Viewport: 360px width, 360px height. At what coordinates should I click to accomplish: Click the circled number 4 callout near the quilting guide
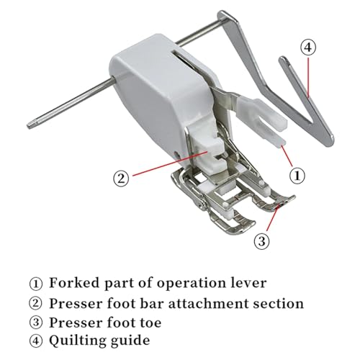(x=308, y=48)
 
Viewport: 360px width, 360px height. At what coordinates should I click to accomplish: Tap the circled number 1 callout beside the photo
(x=297, y=176)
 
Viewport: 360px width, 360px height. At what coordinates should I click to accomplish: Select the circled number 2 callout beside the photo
(x=121, y=179)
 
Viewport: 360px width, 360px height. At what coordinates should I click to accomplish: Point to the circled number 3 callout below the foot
(x=262, y=240)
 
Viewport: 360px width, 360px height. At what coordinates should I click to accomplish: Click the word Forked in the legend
(x=74, y=283)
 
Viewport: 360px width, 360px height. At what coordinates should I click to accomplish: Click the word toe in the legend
(x=150, y=323)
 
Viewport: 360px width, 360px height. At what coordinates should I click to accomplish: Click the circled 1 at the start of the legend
(x=36, y=284)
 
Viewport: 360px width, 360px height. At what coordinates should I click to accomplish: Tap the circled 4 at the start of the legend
(x=36, y=341)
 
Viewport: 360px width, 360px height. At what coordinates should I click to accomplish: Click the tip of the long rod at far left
(x=28, y=125)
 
